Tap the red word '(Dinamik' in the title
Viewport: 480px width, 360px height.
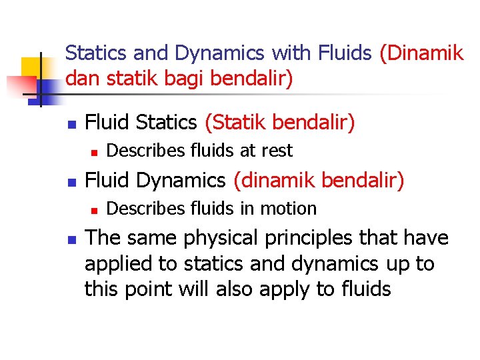coord(421,53)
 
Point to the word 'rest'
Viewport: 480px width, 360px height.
coord(277,151)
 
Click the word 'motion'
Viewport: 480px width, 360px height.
coord(289,209)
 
